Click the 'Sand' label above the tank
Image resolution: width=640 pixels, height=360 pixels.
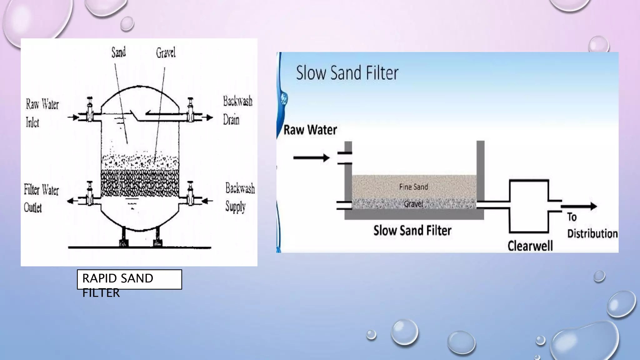[118, 52]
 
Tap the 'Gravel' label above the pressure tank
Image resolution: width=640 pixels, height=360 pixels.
[166, 52]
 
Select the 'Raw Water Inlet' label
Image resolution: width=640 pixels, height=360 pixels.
[42, 113]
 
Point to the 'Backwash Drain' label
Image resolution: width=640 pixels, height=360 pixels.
[237, 110]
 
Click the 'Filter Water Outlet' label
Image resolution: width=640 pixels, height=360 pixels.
[41, 198]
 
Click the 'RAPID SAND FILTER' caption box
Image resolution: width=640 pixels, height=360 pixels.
[129, 279]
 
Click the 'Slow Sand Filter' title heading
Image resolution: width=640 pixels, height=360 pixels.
[347, 73]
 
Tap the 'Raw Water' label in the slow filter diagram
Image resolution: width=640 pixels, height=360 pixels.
[310, 130]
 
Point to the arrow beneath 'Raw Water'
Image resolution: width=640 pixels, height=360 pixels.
[311, 158]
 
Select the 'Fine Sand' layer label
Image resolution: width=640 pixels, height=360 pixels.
[413, 187]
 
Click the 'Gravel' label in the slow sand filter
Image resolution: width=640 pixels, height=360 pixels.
[413, 204]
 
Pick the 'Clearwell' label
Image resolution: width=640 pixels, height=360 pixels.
[530, 246]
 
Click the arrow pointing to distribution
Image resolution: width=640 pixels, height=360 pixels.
[579, 206]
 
